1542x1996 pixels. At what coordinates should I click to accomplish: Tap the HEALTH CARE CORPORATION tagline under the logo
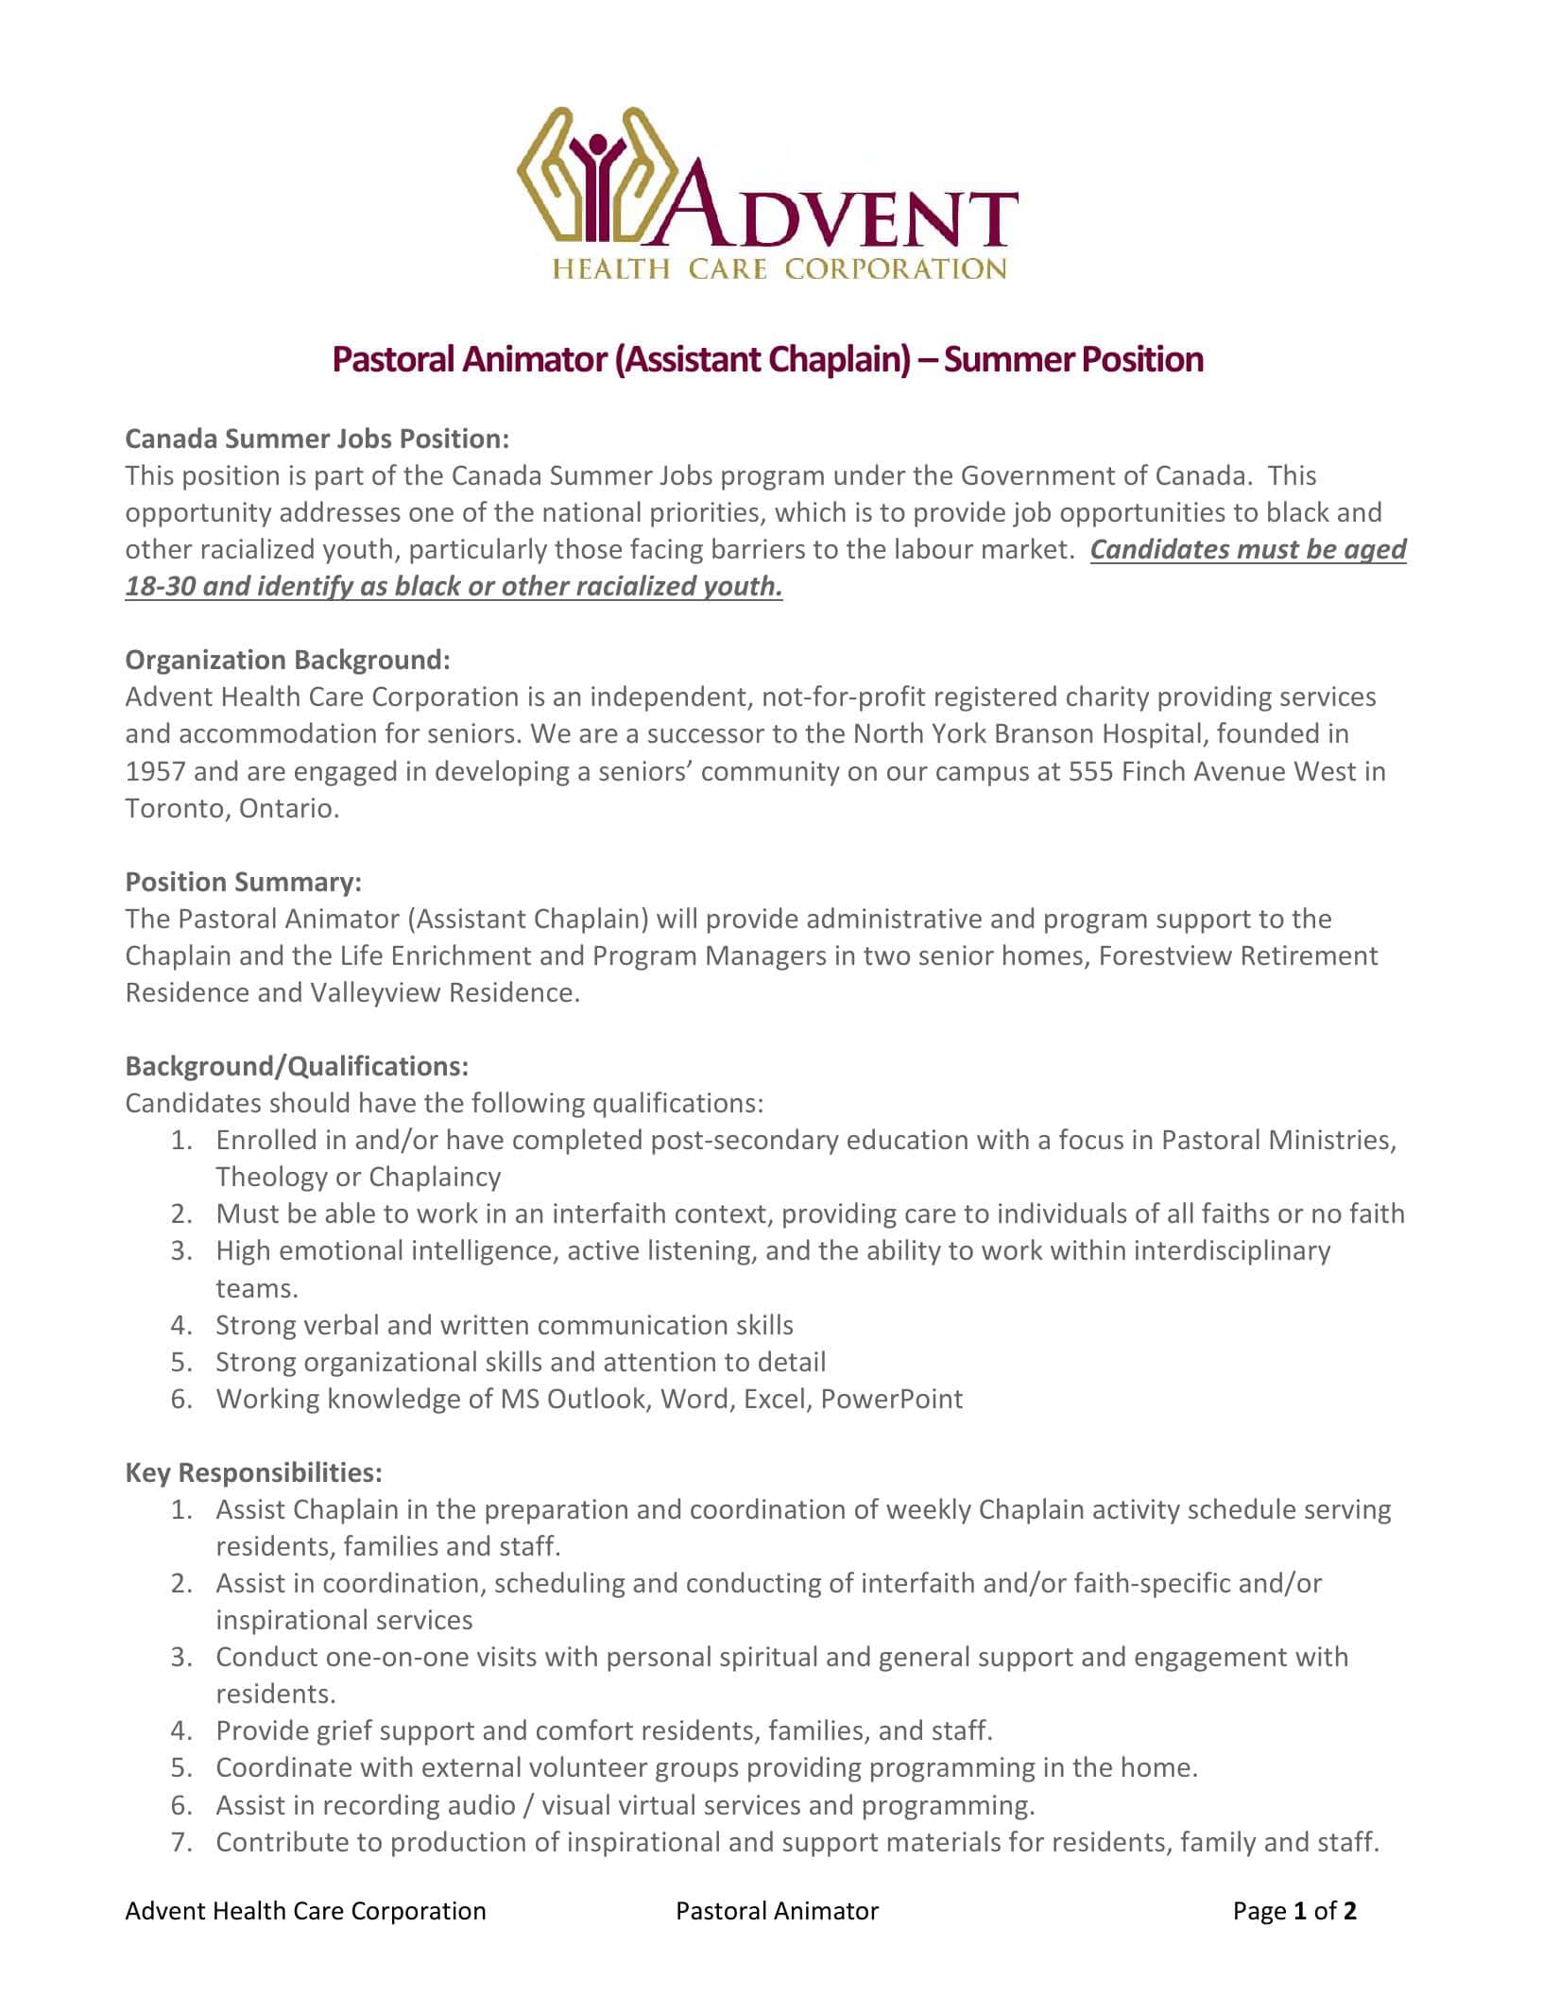tap(779, 270)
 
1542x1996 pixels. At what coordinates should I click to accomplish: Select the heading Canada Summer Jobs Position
tap(317, 439)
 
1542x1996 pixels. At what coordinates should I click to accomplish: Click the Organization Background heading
tap(288, 660)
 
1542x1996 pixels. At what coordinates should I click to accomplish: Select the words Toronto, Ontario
tap(231, 808)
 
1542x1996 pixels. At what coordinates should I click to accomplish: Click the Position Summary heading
tap(244, 882)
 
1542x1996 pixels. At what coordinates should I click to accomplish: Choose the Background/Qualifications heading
tap(297, 1066)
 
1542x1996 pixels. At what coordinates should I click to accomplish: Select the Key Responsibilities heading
tap(253, 1472)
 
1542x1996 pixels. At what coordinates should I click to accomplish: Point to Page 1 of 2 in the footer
tap(1294, 1911)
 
